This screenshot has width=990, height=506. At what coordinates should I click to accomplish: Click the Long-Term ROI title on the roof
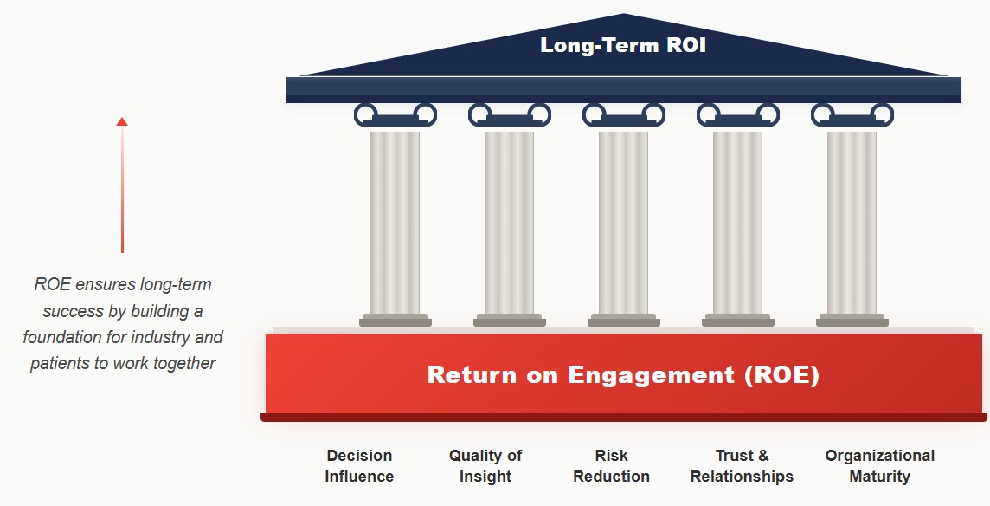[x=623, y=45]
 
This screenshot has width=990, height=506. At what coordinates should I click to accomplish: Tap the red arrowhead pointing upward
[x=122, y=122]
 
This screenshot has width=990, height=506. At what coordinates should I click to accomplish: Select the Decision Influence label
[x=359, y=466]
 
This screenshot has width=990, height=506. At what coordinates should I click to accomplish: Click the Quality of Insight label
[x=485, y=466]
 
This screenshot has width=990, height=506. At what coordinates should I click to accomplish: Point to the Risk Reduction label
[x=611, y=466]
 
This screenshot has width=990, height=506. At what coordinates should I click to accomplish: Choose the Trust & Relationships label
[x=742, y=466]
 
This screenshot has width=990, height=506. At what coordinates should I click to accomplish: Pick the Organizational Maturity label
[x=880, y=466]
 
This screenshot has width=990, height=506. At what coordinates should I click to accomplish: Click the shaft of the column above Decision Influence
[x=395, y=221]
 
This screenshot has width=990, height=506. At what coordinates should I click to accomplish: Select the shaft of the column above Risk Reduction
[x=623, y=221]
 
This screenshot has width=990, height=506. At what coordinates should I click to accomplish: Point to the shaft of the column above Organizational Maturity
[x=852, y=221]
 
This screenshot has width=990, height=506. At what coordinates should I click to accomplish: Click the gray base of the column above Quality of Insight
[x=509, y=321]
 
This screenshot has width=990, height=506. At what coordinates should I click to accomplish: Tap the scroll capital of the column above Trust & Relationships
[x=737, y=114]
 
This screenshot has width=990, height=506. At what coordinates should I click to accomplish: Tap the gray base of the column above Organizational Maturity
[x=852, y=321]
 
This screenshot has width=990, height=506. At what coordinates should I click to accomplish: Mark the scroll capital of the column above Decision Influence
[x=395, y=114]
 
